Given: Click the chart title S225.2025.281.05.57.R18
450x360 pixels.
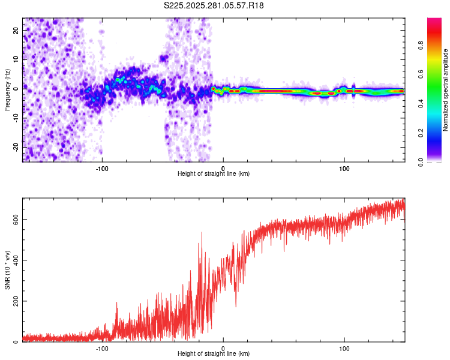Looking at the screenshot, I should point(214,6).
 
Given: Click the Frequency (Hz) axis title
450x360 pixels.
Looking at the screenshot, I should point(7,90).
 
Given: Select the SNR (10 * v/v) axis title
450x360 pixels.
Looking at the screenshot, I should point(7,269).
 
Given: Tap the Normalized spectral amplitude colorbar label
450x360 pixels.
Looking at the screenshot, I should point(446,90).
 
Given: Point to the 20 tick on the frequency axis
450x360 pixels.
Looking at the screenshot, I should point(17,29).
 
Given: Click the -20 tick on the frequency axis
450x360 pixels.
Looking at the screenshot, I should point(16,147).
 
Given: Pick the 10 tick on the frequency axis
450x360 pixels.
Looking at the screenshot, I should point(17,59).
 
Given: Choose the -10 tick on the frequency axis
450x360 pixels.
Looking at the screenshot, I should point(16,118).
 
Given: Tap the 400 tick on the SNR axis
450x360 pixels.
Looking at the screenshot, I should point(14,260).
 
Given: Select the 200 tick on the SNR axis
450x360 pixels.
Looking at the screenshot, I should point(14,301).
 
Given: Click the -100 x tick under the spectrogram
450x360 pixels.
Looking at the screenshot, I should point(102,168).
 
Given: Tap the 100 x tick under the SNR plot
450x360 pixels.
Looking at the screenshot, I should point(344,348).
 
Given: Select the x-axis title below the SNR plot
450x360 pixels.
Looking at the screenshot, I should point(214,354).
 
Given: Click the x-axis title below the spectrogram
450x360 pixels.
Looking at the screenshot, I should point(214,173).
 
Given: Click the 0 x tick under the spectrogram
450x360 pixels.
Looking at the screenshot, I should point(223,168).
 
